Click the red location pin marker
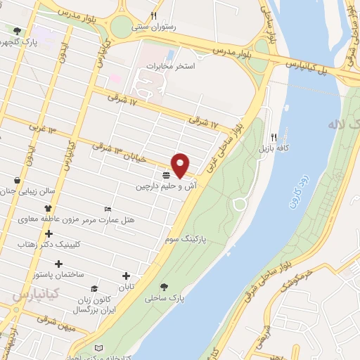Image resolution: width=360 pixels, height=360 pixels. (181, 165)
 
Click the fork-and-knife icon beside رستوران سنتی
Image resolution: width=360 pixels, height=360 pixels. (153, 15)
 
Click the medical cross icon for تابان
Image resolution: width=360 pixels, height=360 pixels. (127, 276)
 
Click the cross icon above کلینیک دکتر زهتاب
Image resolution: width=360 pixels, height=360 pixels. (48, 233)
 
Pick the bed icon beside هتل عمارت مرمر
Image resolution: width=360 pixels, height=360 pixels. (108, 209)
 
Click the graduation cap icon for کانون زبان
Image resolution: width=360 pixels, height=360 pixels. (94, 289)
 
